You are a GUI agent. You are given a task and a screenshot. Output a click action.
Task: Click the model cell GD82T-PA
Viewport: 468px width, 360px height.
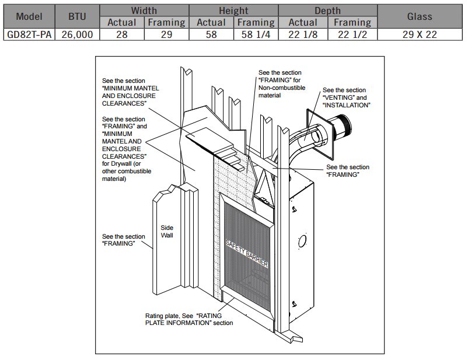30,34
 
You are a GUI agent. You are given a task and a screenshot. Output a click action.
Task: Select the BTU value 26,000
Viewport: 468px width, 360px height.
77,34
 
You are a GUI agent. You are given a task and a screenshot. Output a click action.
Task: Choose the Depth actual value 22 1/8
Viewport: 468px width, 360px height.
303,34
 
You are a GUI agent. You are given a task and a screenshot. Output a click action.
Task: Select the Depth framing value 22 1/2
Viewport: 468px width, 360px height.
352,34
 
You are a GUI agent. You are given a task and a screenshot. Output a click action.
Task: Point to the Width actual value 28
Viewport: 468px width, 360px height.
122,34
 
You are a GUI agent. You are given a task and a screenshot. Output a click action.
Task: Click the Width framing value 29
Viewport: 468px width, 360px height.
166,34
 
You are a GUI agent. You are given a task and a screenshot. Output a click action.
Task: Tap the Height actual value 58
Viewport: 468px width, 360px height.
211,34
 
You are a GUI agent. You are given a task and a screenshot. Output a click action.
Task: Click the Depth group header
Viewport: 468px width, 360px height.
327,11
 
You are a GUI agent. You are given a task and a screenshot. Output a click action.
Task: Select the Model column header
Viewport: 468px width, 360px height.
30,16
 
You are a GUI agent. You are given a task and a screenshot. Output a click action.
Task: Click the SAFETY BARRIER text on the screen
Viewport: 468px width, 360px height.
247,253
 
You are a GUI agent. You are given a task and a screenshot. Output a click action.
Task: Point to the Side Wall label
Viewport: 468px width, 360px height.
167,232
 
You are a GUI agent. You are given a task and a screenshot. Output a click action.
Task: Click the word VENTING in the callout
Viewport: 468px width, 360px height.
339,98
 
